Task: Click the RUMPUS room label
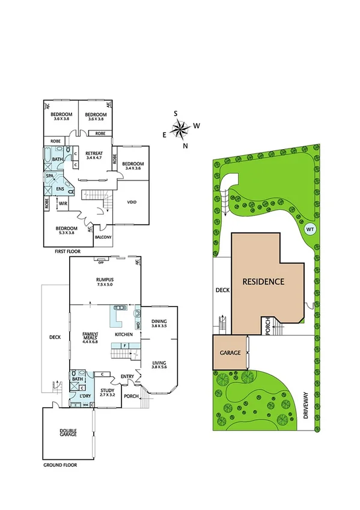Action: point(105,280)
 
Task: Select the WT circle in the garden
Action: point(310,229)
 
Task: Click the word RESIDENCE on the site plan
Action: point(263,281)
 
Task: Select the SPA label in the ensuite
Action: point(50,176)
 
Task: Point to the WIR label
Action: point(63,204)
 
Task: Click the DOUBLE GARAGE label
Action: point(68,431)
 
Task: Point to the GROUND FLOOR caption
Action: point(60,465)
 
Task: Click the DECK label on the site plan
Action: point(222,290)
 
